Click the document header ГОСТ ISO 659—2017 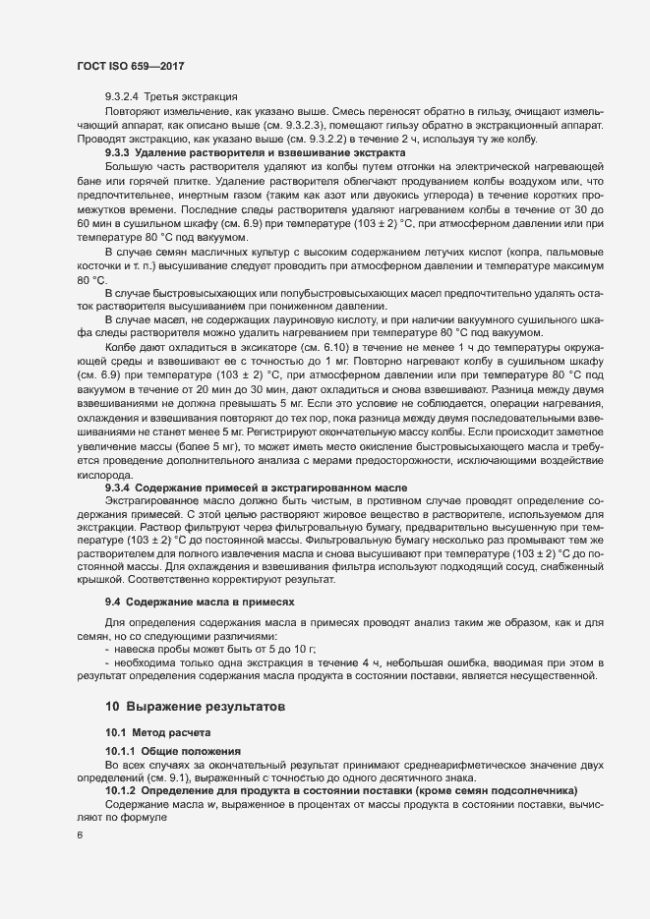(131, 66)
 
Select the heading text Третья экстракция (191, 97)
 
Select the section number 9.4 (112, 600)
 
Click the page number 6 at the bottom (79, 835)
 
